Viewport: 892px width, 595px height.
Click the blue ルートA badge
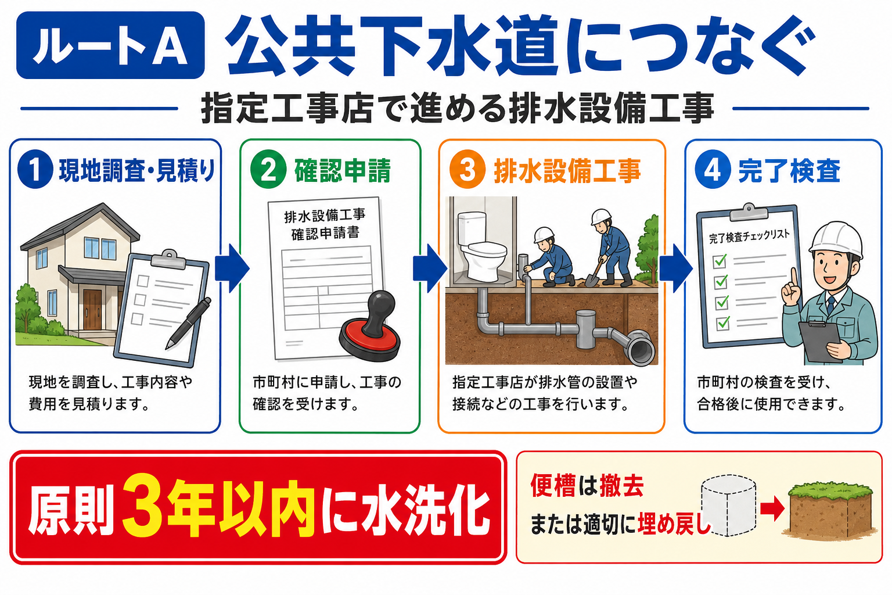tap(110, 45)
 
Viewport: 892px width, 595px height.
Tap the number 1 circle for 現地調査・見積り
tap(35, 169)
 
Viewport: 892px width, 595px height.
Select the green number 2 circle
tap(268, 169)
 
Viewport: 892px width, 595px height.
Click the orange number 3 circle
tap(467, 169)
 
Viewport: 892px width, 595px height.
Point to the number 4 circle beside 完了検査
tap(713, 169)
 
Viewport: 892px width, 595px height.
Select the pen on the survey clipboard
tap(188, 324)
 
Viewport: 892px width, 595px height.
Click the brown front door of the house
tap(92, 309)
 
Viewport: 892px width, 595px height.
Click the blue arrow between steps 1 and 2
tap(232, 268)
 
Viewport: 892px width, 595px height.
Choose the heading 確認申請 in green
tap(343, 171)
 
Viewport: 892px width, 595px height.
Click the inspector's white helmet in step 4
tap(836, 239)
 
